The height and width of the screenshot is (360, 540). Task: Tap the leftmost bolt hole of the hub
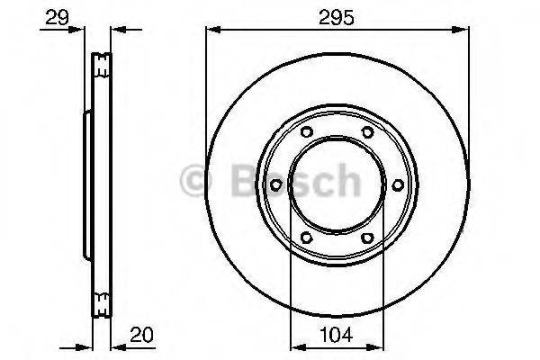(x=275, y=185)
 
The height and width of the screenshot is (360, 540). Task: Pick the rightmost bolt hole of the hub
(x=397, y=185)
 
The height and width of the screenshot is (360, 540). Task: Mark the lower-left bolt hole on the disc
(x=306, y=238)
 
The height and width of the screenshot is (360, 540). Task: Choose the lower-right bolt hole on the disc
(x=367, y=238)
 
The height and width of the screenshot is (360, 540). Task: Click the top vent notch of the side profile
(x=101, y=64)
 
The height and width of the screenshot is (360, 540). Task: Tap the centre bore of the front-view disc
(x=337, y=185)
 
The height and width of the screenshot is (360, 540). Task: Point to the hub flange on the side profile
(x=87, y=185)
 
